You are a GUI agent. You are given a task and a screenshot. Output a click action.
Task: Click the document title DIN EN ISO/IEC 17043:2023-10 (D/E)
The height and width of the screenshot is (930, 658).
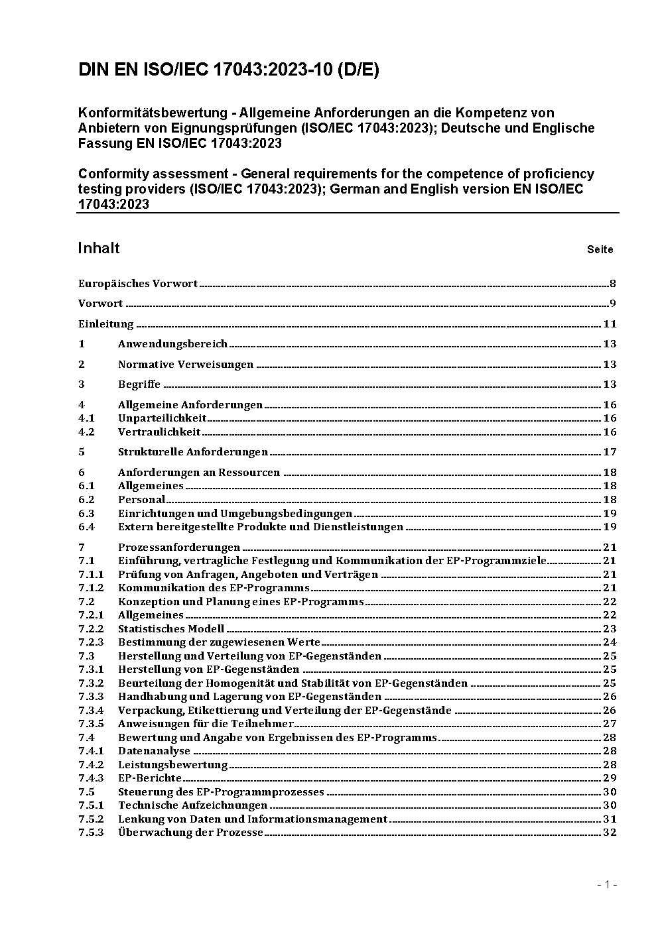(229, 70)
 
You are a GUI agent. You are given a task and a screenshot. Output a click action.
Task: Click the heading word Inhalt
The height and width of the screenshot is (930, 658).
(99, 248)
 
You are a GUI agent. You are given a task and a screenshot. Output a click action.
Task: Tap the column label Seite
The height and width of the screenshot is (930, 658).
(600, 250)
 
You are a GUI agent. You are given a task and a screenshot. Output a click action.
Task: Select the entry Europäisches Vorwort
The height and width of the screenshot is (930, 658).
(138, 284)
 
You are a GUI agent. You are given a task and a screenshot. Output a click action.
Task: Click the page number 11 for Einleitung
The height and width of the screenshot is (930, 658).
(610, 324)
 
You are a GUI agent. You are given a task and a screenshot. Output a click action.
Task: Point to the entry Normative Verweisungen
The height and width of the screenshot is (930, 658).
(186, 365)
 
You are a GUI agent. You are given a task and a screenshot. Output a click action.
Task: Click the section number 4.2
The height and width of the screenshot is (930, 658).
(86, 432)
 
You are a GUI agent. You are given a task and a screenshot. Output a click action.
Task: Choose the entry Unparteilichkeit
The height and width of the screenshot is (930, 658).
(162, 418)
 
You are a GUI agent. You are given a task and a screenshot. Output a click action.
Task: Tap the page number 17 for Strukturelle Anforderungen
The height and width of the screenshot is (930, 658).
(610, 452)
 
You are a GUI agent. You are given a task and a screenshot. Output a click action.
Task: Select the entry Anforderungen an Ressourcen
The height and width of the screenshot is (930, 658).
(199, 473)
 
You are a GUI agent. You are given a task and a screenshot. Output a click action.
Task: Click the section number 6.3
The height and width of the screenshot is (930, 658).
(86, 514)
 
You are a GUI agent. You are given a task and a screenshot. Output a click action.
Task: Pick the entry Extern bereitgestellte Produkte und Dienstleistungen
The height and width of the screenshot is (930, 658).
(261, 527)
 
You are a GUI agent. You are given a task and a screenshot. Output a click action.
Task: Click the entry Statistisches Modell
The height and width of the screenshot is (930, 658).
(171, 628)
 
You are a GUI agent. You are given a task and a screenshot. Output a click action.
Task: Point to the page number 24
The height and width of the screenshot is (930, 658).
(610, 642)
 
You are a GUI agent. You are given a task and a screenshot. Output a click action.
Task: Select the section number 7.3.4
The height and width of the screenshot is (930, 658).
(91, 710)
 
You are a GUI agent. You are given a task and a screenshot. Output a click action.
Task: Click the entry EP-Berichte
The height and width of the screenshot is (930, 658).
(150, 778)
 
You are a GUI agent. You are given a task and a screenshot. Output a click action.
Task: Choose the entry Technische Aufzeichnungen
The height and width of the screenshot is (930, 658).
(192, 805)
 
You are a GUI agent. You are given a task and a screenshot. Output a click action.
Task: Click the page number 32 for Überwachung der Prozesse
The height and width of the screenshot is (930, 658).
(610, 833)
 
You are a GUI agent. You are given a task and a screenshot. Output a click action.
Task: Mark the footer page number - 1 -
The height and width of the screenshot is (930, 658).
(606, 884)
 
